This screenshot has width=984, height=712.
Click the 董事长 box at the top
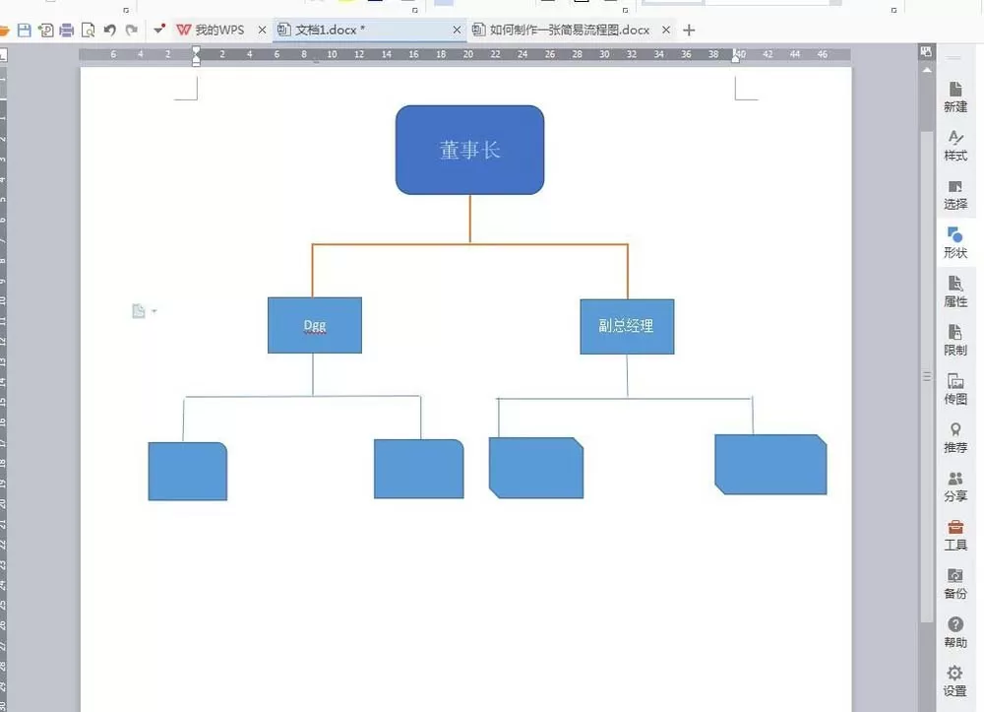coord(469,150)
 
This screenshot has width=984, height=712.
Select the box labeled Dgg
coord(315,325)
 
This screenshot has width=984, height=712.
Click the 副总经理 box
coord(627,327)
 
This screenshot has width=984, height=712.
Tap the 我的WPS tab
coord(211,30)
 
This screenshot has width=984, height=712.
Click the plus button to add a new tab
coord(689,31)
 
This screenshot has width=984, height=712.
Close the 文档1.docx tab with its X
coord(457,30)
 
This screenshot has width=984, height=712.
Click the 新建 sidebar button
coord(955,97)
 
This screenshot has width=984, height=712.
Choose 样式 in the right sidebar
coord(955,146)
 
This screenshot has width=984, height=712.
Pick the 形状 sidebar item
coord(955,243)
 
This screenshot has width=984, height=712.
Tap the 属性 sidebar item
coord(955,291)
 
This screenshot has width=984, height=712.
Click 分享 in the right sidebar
coord(955,486)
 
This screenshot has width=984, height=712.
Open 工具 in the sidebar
coord(955,536)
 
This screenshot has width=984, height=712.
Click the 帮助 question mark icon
coord(955,624)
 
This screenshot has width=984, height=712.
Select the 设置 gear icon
coord(955,673)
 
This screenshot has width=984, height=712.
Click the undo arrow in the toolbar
coord(110,30)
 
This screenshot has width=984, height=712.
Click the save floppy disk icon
coord(25,30)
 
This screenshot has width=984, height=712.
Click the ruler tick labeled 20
coord(468,54)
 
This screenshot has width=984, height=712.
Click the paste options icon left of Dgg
coord(139,311)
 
